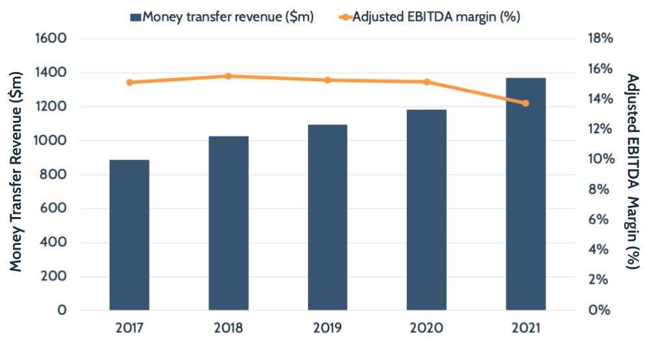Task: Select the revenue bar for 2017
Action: click(x=129, y=235)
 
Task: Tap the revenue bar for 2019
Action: click(x=327, y=217)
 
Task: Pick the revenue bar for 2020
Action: click(x=427, y=209)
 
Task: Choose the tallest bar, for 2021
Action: click(x=526, y=194)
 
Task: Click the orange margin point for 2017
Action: click(x=129, y=83)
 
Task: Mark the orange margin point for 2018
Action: click(x=229, y=76)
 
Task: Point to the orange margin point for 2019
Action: click(x=327, y=80)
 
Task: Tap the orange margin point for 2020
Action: click(x=427, y=82)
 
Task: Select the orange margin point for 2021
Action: click(x=526, y=103)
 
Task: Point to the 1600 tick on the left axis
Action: click(x=53, y=39)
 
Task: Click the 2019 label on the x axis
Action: click(x=327, y=328)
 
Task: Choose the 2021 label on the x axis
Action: click(x=526, y=328)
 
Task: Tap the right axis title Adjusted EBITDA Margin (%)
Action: click(x=631, y=172)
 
